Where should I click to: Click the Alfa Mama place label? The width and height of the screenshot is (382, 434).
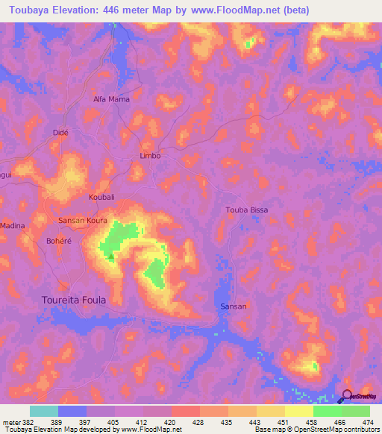(110, 99)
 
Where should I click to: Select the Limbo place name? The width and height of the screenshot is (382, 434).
(151, 156)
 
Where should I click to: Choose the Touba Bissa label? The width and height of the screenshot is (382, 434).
(246, 210)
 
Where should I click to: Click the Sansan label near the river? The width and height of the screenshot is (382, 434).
(234, 306)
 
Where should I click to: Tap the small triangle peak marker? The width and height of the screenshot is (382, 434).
(111, 256)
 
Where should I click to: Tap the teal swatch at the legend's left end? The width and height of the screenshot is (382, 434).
(44, 411)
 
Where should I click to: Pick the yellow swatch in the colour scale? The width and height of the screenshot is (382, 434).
(299, 411)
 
